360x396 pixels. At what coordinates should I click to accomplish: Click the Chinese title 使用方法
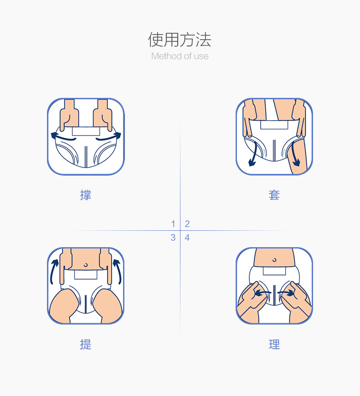180,40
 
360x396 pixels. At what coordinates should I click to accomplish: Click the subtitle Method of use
180,56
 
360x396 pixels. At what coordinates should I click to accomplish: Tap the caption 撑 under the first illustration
86,195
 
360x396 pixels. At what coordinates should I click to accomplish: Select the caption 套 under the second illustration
274,195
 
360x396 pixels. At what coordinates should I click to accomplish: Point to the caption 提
86,345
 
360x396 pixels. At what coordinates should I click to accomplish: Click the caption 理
274,345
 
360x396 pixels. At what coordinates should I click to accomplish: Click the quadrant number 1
173,224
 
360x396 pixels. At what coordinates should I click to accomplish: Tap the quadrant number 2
187,224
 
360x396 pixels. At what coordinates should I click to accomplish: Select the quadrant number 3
173,238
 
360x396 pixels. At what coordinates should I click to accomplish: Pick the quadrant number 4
187,238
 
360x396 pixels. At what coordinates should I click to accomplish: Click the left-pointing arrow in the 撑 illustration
62,136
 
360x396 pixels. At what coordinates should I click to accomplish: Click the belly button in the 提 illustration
86,264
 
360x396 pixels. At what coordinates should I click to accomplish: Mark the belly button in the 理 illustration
274,260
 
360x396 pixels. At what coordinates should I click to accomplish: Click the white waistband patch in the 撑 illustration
86,131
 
